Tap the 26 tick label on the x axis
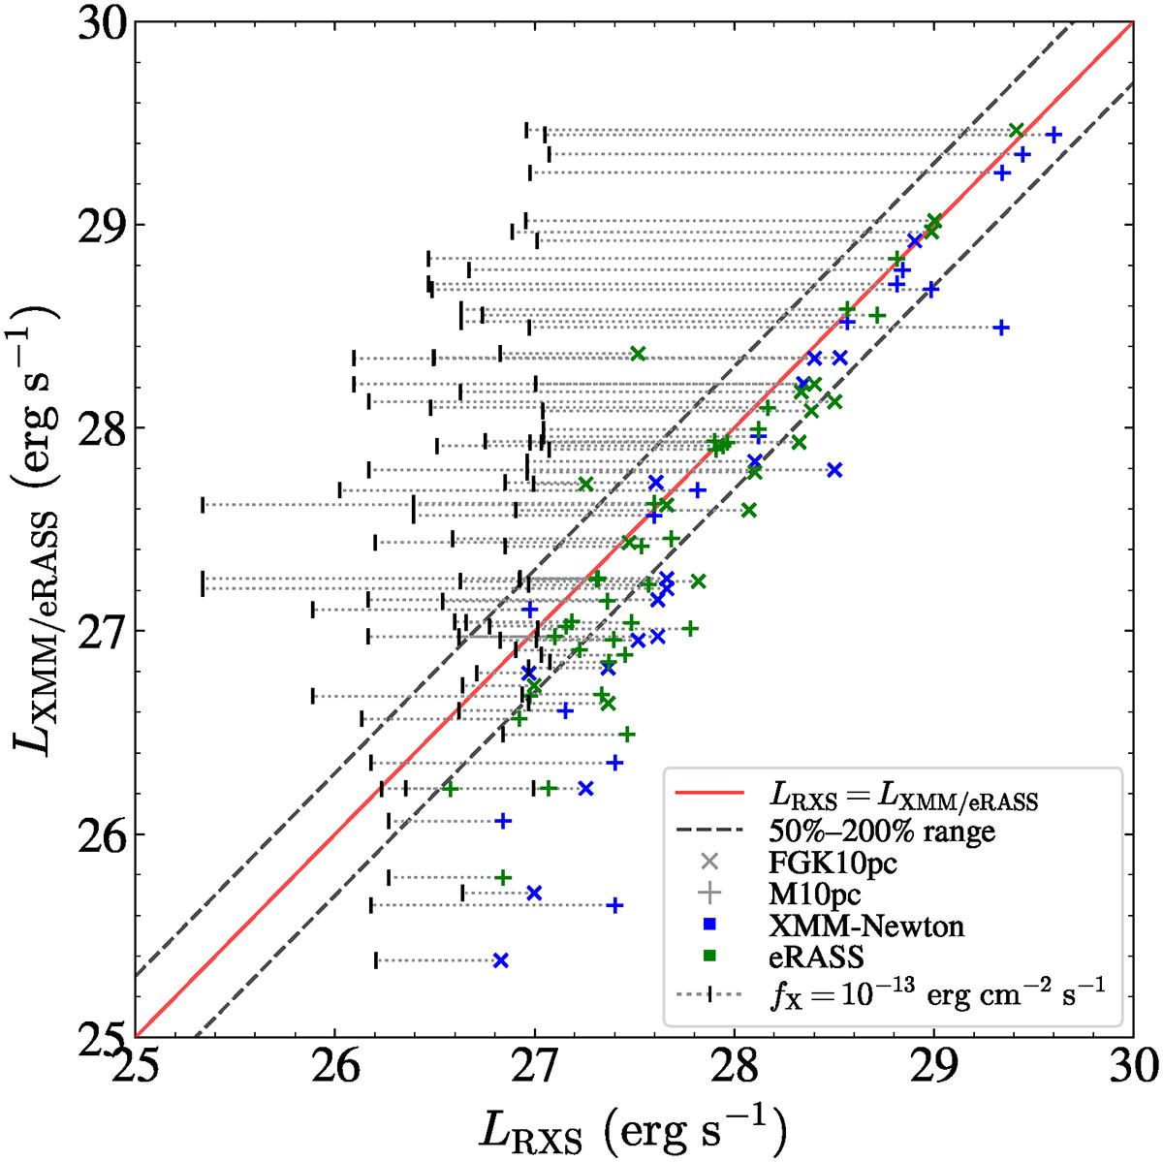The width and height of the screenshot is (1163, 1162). [335, 1067]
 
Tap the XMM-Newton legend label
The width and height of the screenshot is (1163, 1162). [866, 926]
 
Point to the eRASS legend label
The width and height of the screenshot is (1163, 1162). [816, 958]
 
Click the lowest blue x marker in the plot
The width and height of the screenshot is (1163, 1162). [500, 960]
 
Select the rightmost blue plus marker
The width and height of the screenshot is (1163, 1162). [1053, 135]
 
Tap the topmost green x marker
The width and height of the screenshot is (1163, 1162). [1016, 130]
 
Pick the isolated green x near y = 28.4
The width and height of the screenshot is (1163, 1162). [638, 353]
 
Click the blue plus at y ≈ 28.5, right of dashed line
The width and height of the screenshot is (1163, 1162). [1001, 328]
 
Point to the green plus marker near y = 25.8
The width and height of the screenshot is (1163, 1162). [502, 877]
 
